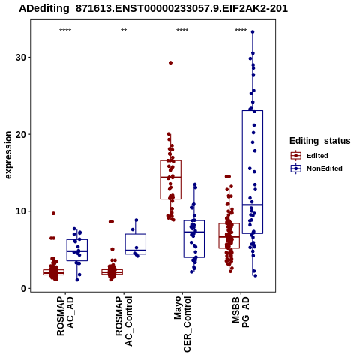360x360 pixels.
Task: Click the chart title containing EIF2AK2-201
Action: point(153,9)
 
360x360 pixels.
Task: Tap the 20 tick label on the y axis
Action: point(21,134)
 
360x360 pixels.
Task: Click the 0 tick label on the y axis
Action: point(24,289)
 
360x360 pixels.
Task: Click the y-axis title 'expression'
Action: point(8,155)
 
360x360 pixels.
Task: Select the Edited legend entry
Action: point(310,156)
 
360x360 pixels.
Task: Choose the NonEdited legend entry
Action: point(316,169)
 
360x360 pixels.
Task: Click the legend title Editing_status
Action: point(320,141)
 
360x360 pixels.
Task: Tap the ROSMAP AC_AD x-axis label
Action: point(65,316)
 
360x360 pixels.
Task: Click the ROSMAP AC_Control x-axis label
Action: point(124,321)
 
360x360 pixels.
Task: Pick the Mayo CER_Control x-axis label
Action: point(182,324)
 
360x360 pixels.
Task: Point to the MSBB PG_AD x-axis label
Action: point(241,312)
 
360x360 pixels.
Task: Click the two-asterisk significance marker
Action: point(124,31)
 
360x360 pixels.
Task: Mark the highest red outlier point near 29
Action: point(170,63)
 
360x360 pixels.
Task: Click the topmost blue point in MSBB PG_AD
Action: point(253,32)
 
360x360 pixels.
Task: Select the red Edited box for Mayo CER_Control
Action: point(171,180)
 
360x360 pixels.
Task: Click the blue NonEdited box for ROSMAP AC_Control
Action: point(136,244)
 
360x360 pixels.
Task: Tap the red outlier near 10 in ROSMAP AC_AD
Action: point(53,214)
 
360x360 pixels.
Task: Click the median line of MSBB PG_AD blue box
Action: point(253,205)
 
